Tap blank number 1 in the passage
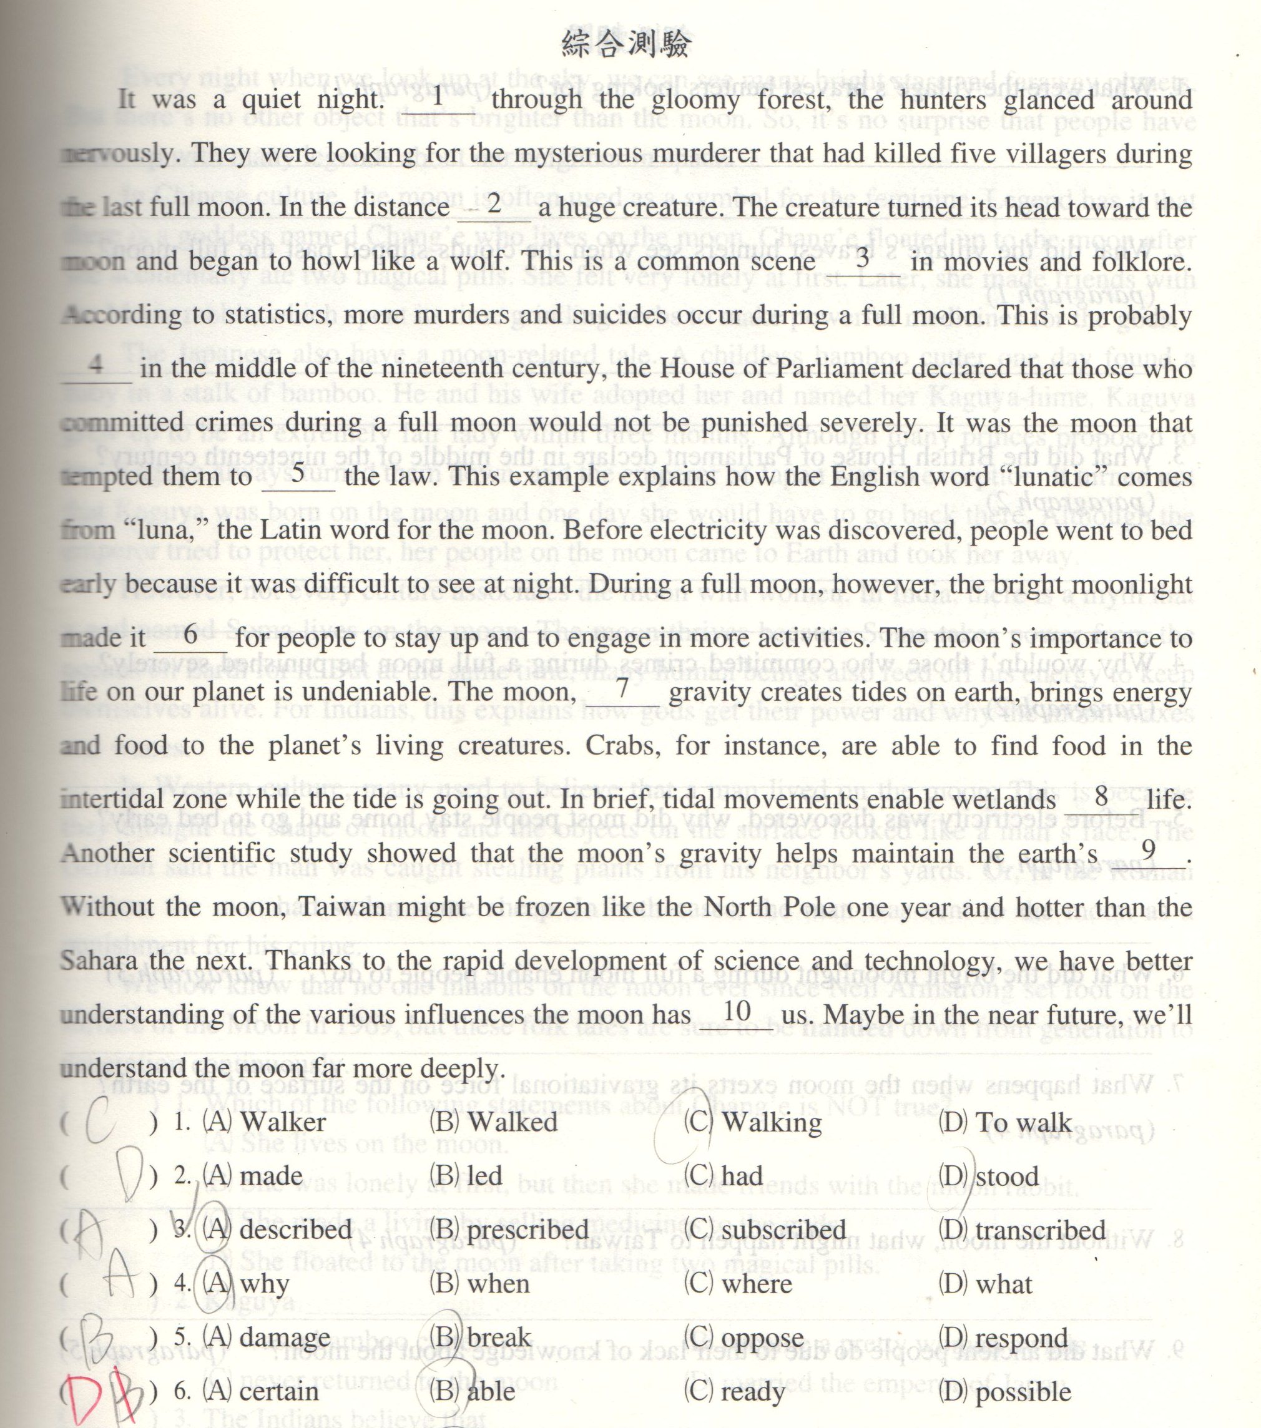(438, 98)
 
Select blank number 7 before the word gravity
(623, 690)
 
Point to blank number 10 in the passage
(738, 1012)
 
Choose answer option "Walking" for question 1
(772, 1123)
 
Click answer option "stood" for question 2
(1007, 1176)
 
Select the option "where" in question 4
(757, 1283)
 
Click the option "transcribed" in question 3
(1040, 1230)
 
